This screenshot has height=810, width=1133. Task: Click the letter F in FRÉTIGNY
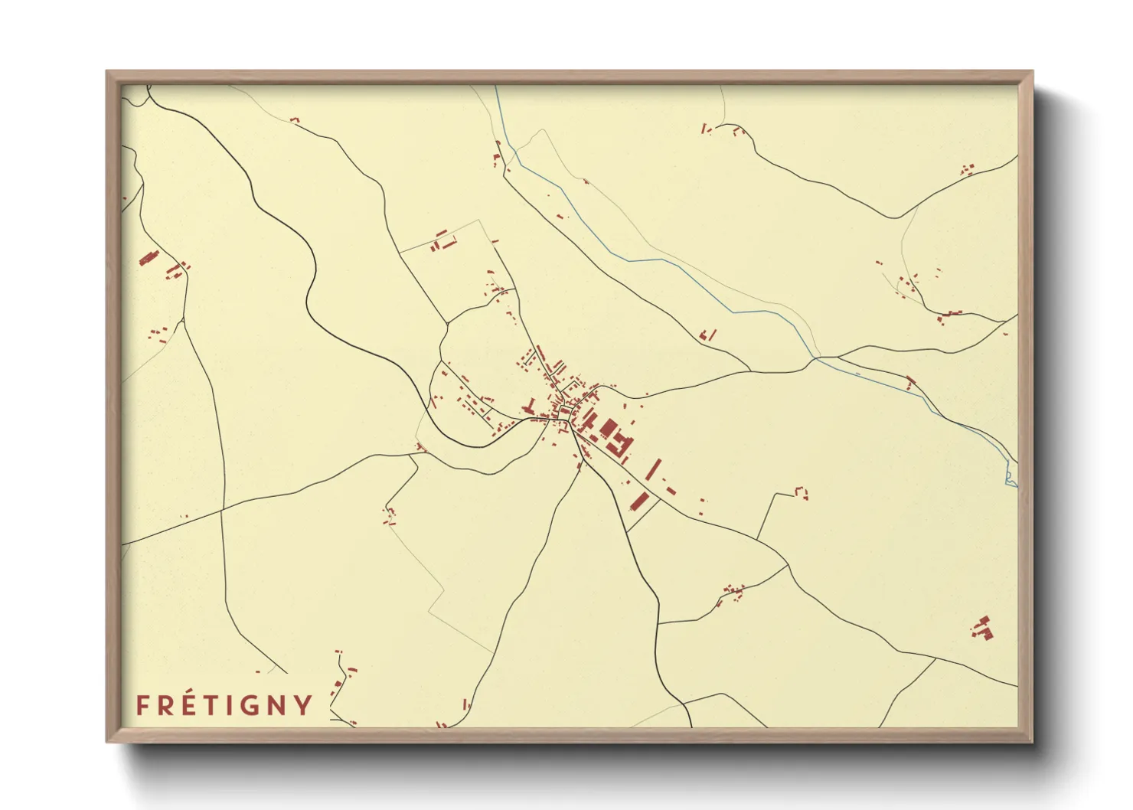142,705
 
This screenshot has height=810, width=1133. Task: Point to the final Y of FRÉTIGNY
303,705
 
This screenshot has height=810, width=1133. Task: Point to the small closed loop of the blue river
1011,478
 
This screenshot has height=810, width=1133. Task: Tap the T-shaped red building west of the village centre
530,404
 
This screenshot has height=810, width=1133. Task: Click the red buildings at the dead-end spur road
802,492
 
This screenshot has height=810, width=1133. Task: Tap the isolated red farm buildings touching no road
983,628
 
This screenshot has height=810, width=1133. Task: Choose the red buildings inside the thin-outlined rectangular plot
442,243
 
